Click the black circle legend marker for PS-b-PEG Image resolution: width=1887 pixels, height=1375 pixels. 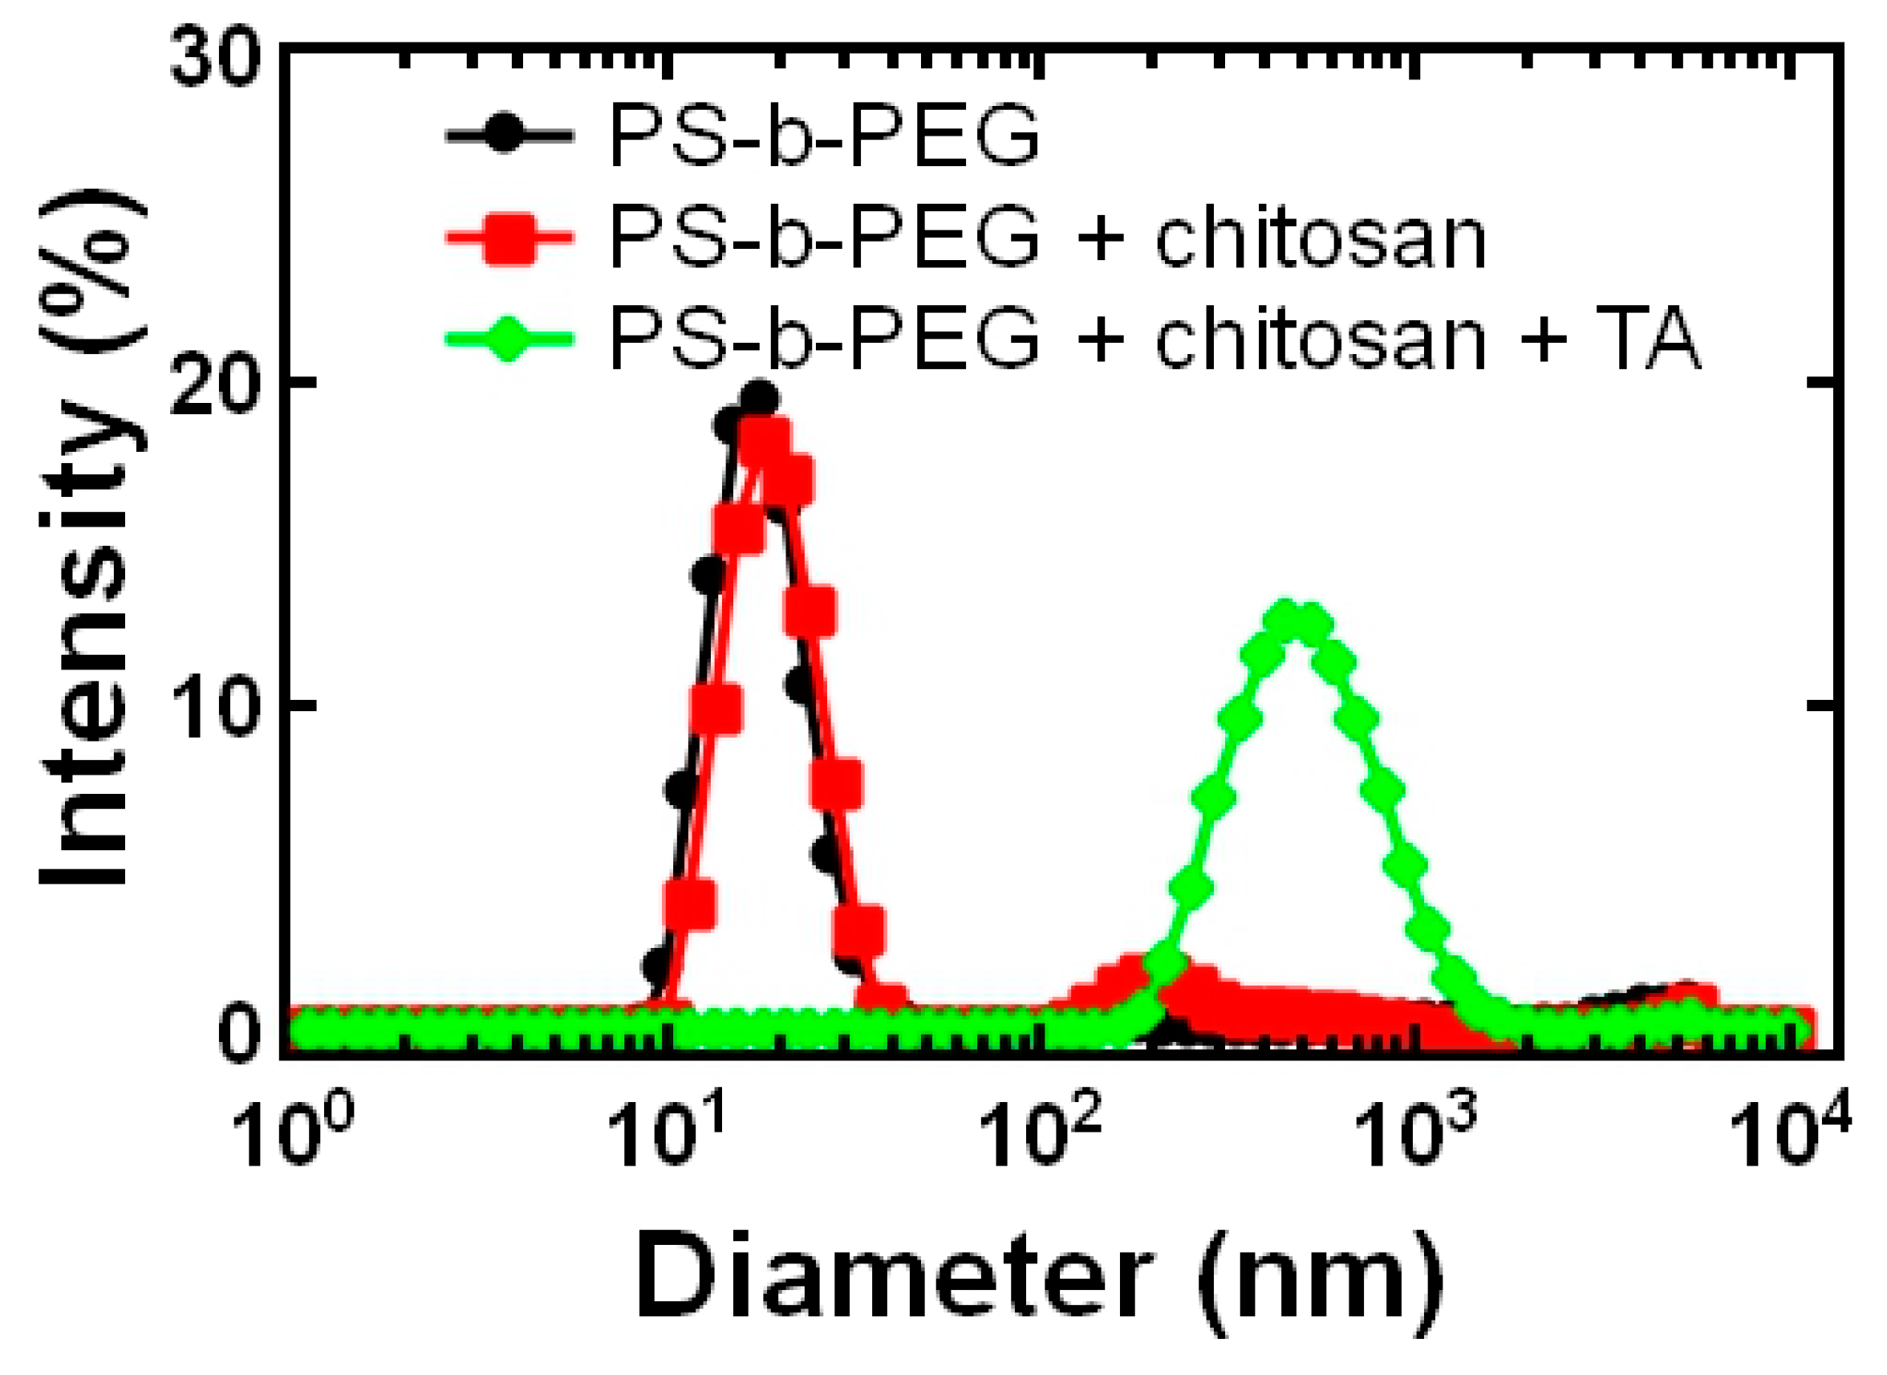tap(508, 135)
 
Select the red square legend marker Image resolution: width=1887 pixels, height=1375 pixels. tap(508, 238)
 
